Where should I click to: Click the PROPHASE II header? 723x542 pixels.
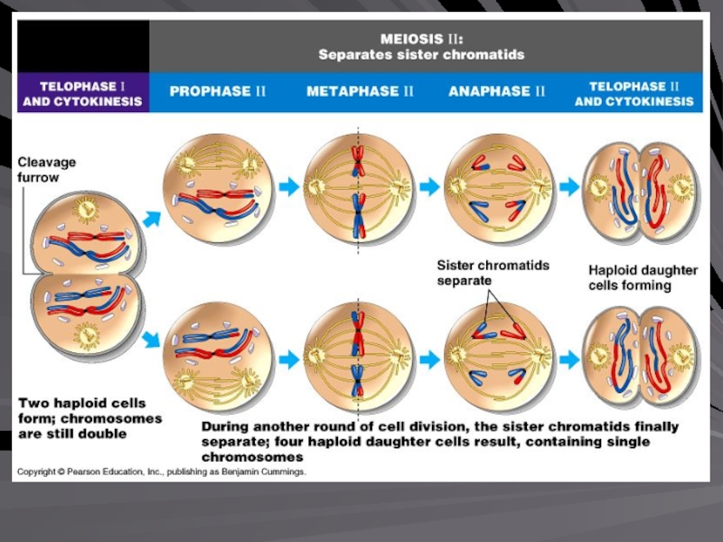point(218,91)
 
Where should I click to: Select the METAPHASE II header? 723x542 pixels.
point(360,91)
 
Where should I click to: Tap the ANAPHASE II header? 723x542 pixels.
point(496,91)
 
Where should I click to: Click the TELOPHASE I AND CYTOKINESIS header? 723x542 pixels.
point(82,94)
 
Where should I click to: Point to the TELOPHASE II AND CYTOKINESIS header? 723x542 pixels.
point(634,94)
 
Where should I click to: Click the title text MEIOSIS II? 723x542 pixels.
point(421,39)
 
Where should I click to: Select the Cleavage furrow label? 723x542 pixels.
point(47,170)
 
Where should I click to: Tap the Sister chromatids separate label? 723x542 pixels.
point(493,273)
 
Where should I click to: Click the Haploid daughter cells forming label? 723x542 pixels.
point(643,277)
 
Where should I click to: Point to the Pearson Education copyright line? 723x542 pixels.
point(162,472)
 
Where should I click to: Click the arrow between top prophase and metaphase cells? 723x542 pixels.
point(289,187)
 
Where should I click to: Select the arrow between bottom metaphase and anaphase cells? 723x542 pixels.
point(430,360)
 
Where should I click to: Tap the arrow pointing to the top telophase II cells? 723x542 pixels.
point(570,187)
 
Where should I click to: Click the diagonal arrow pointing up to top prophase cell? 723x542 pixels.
point(152,219)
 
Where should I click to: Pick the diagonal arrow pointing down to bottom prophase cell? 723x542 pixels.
point(151,340)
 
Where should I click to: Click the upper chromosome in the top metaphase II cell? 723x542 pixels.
point(358,161)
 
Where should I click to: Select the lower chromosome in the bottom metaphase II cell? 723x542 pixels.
point(358,380)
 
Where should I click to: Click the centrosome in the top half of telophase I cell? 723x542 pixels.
point(86,210)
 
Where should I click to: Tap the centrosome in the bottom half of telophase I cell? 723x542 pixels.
point(86,335)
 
